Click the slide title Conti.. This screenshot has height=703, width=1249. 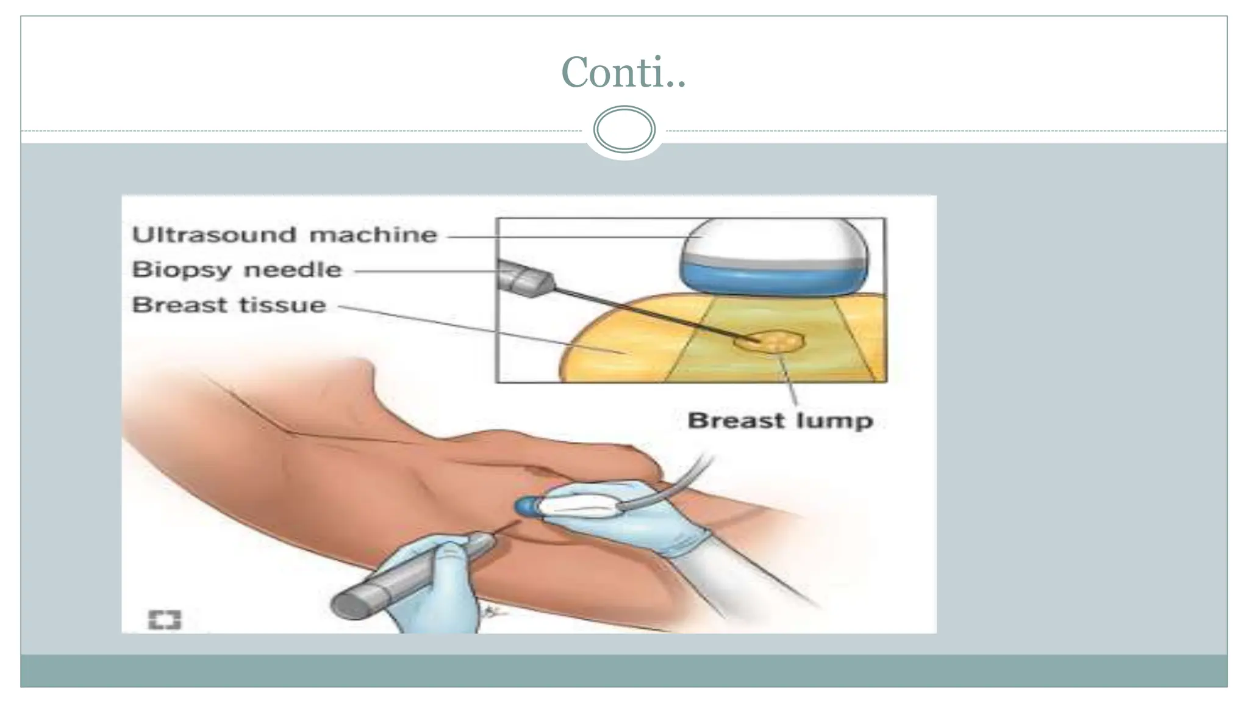623,72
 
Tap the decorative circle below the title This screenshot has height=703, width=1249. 624,129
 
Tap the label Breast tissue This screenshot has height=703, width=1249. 229,305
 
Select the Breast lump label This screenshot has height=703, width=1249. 780,420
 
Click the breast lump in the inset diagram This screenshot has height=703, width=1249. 770,341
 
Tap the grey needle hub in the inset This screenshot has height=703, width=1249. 522,279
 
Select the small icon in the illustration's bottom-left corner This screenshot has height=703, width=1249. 165,620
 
